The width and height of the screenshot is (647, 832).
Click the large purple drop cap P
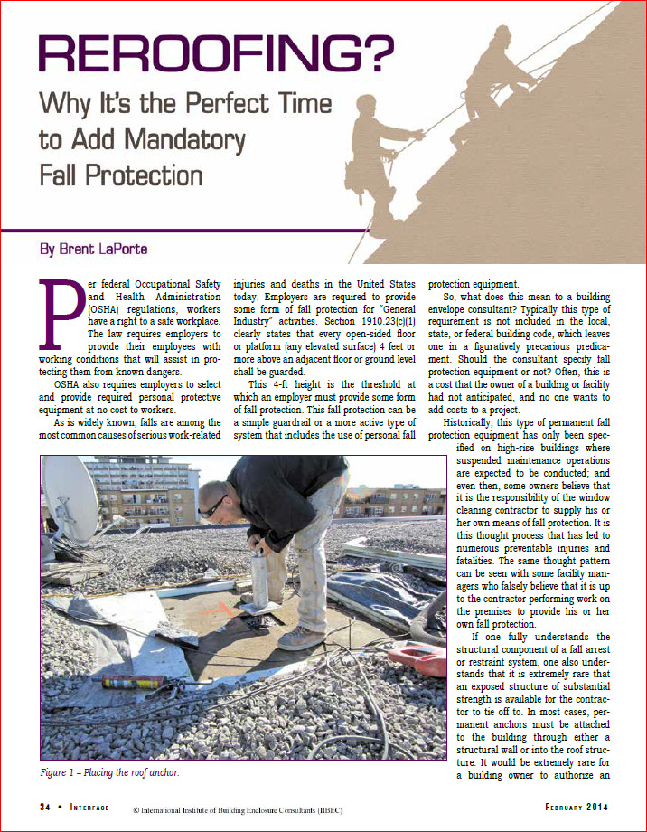[x=62, y=312]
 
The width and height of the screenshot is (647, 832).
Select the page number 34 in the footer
[x=45, y=805]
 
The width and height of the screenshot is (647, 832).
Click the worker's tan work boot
[x=301, y=638]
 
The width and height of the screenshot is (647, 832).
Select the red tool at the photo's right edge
[x=423, y=658]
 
